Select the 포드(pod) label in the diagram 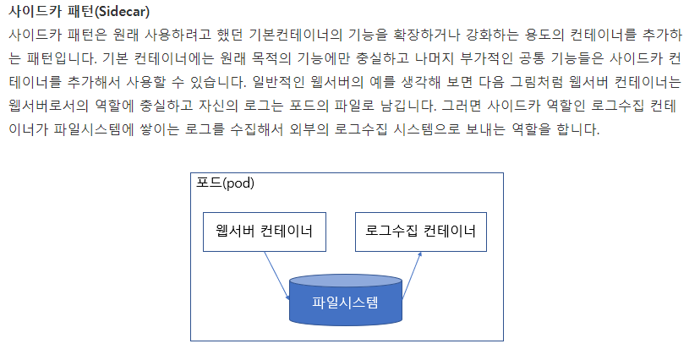(225, 183)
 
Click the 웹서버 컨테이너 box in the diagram (265, 231)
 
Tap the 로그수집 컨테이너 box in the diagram (420, 231)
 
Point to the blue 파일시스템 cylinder (345, 302)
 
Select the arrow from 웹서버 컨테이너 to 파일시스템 (276, 273)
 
